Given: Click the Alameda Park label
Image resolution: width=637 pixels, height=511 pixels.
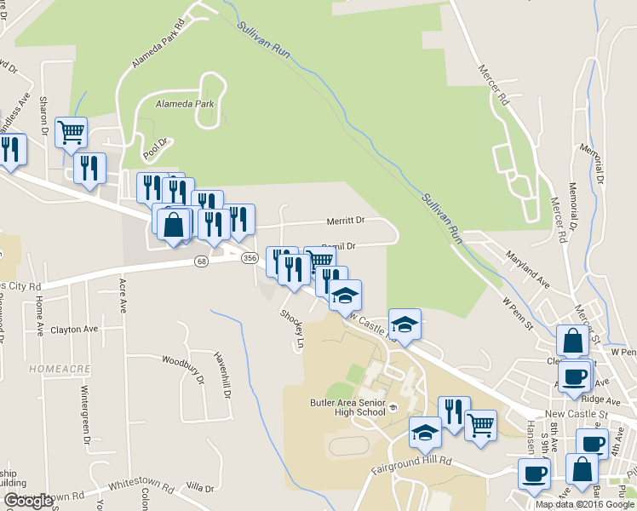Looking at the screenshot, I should [185, 104].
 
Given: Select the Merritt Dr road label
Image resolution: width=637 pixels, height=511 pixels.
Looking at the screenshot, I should [346, 221].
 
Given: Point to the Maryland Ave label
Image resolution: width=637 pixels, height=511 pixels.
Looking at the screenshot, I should [528, 273].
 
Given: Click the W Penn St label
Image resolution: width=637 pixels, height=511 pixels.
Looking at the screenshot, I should [517, 313].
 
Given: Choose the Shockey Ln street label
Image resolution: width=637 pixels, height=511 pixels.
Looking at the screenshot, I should [292, 328].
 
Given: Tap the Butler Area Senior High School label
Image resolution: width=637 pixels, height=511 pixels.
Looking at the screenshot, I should [347, 407].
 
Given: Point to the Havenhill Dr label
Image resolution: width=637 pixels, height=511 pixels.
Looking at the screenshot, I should [223, 376].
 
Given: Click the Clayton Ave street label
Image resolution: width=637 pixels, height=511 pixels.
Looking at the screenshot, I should [74, 330].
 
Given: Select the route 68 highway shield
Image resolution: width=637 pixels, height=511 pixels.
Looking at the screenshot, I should [201, 261].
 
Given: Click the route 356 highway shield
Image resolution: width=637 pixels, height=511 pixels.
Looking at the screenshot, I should [250, 257].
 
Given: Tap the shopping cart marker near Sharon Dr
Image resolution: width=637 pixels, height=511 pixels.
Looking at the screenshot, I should [70, 133].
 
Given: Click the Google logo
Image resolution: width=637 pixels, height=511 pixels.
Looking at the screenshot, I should [29, 501].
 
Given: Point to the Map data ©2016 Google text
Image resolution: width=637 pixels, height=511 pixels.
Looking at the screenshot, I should [585, 504].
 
